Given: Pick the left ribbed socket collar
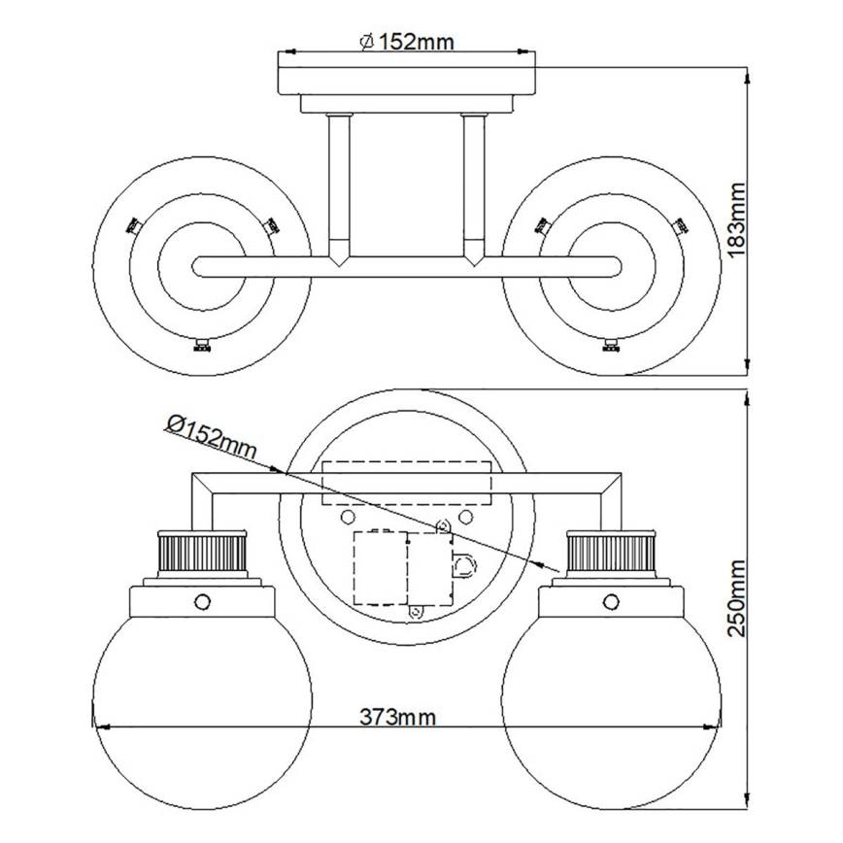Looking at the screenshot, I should click(200, 554).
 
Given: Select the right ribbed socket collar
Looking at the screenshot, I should click(610, 554).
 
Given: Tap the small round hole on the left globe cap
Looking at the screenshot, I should click(202, 600).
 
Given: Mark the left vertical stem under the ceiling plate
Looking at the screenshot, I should click(339, 185).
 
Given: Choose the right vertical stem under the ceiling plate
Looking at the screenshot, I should click(474, 185).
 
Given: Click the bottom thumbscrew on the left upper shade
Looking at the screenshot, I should click(202, 346).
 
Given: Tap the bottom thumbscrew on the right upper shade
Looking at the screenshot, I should click(611, 346).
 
